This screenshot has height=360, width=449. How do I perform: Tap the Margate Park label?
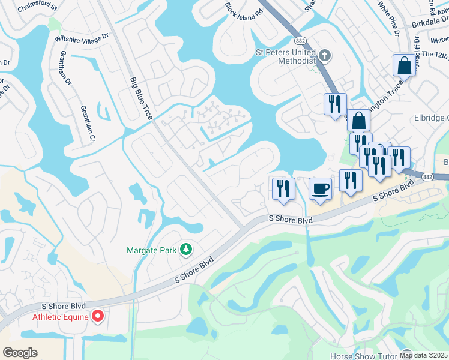pos(153,250)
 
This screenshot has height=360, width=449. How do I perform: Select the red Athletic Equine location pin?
pos(98,316)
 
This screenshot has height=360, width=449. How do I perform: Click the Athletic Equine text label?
pos(60,317)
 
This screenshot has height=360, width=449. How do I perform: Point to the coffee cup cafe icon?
pos(320,189)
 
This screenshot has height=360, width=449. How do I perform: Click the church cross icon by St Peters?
pos(325,56)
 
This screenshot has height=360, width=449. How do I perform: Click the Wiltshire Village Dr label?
pos(82,38)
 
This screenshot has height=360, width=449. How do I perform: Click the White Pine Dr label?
pos(388,17)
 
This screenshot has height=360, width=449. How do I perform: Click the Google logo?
pos(20,353)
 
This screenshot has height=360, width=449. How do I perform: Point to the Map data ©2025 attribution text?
pos(423,355)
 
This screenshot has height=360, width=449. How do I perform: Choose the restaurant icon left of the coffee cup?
pos(282,188)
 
